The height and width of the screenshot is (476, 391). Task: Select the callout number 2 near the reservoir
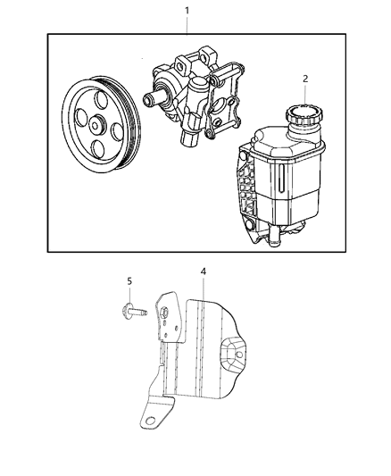coord(305,79)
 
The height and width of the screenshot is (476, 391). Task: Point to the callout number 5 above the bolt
coord(129,282)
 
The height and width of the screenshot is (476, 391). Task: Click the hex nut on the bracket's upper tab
coord(167,312)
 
